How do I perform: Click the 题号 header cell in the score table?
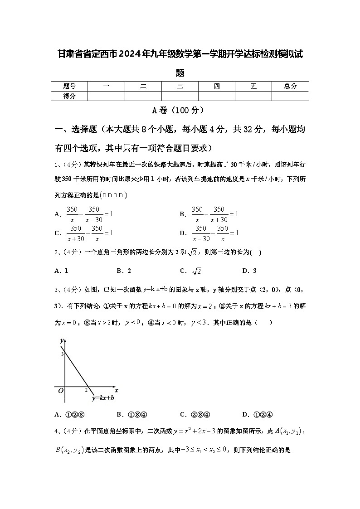pyautogui.click(x=69, y=86)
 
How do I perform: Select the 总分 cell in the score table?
pyautogui.click(x=290, y=86)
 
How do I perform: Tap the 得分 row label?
pyautogui.click(x=69, y=96)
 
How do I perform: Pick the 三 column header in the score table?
pyautogui.click(x=180, y=86)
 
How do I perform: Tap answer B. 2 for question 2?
pyautogui.click(x=124, y=271)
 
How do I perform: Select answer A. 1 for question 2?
pyautogui.click(x=61, y=271)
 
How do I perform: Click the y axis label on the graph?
pyautogui.click(x=61, y=340)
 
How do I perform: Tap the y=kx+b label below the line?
pyautogui.click(x=102, y=398)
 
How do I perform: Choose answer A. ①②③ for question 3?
pyautogui.click(x=70, y=414)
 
